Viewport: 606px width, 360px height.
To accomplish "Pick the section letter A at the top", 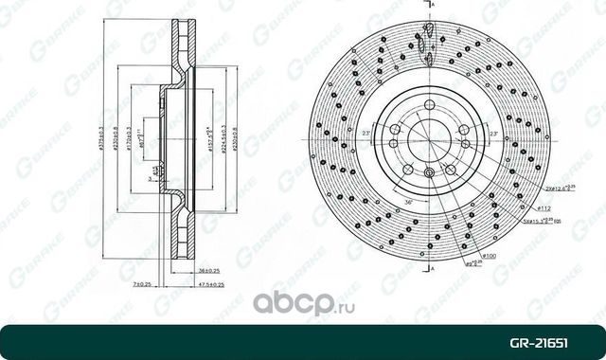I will pyautogui.click(x=431, y=6).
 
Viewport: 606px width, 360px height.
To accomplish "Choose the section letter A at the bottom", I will pyautogui.click(x=431, y=270).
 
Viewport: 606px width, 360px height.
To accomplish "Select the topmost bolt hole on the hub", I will pyautogui.click(x=429, y=105).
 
